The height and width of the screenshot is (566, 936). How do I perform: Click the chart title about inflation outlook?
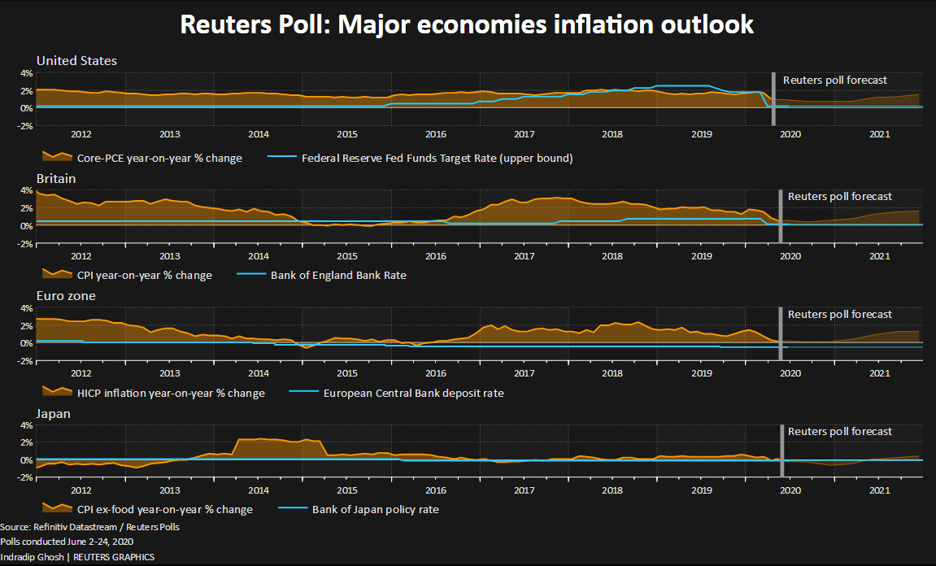[x=467, y=25]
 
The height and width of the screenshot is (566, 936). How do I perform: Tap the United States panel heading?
[x=76, y=61]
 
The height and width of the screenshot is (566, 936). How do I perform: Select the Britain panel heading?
[x=55, y=178]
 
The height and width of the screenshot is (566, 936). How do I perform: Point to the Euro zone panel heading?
[x=66, y=296]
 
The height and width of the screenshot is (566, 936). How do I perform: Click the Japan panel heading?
[x=54, y=413]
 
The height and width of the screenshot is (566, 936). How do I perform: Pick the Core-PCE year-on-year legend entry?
[x=159, y=158]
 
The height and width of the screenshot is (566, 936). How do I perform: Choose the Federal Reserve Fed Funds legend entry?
[x=438, y=158]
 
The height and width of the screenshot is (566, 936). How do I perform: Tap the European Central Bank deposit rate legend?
[x=413, y=393]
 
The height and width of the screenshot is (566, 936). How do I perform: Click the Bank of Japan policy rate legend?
[x=376, y=510]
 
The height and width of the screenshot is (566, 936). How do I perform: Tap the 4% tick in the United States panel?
[x=26, y=73]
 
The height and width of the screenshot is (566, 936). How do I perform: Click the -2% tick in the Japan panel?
[x=24, y=478]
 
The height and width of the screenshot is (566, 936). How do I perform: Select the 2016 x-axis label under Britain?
[x=436, y=256]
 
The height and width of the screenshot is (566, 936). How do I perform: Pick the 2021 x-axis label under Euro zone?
[x=878, y=374]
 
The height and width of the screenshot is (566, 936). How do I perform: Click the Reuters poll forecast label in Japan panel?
[x=840, y=432]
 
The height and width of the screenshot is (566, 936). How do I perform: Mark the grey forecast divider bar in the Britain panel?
[x=781, y=216]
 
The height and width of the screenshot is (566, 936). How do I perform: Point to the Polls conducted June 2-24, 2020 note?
[x=67, y=542]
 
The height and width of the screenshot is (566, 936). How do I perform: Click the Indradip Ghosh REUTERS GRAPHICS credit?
[x=77, y=556]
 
